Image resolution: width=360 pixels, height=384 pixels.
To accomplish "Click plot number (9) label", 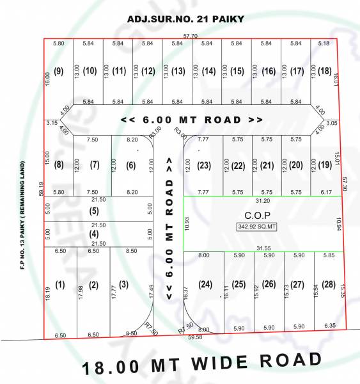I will click(x=59, y=70).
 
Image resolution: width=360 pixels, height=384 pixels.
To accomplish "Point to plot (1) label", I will click(x=60, y=284).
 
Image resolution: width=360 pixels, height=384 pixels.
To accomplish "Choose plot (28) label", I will click(x=328, y=284).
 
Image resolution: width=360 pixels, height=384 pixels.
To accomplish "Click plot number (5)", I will click(x=94, y=211).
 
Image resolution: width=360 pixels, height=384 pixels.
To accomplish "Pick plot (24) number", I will click(x=205, y=284).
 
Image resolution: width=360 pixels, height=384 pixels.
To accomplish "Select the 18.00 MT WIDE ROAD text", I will click(x=201, y=365).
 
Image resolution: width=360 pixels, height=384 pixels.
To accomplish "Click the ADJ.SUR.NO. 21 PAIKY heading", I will click(x=185, y=19).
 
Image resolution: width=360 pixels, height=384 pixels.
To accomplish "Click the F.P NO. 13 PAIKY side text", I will click(x=22, y=214).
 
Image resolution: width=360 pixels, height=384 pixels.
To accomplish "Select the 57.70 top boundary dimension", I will click(x=191, y=36).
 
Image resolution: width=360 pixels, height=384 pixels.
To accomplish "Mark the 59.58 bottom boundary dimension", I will click(x=194, y=337).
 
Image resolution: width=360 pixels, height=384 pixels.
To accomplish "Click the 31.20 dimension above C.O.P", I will click(x=262, y=199).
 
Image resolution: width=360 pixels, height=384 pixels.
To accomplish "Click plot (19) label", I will click(x=325, y=164).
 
